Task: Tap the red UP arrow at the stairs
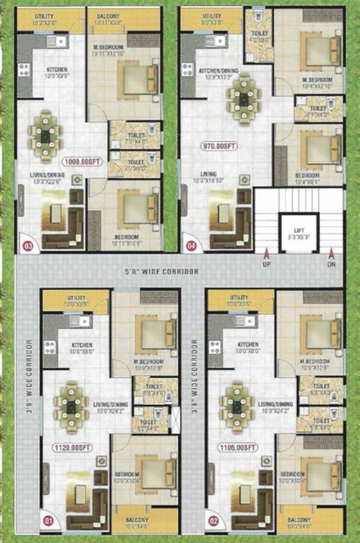pyautogui.click(x=267, y=255)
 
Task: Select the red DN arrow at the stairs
pyautogui.click(x=331, y=255)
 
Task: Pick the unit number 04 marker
pyautogui.click(x=191, y=246)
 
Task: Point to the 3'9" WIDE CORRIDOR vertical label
pyautogui.click(x=30, y=378)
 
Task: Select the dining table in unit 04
pyautogui.click(x=243, y=99)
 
